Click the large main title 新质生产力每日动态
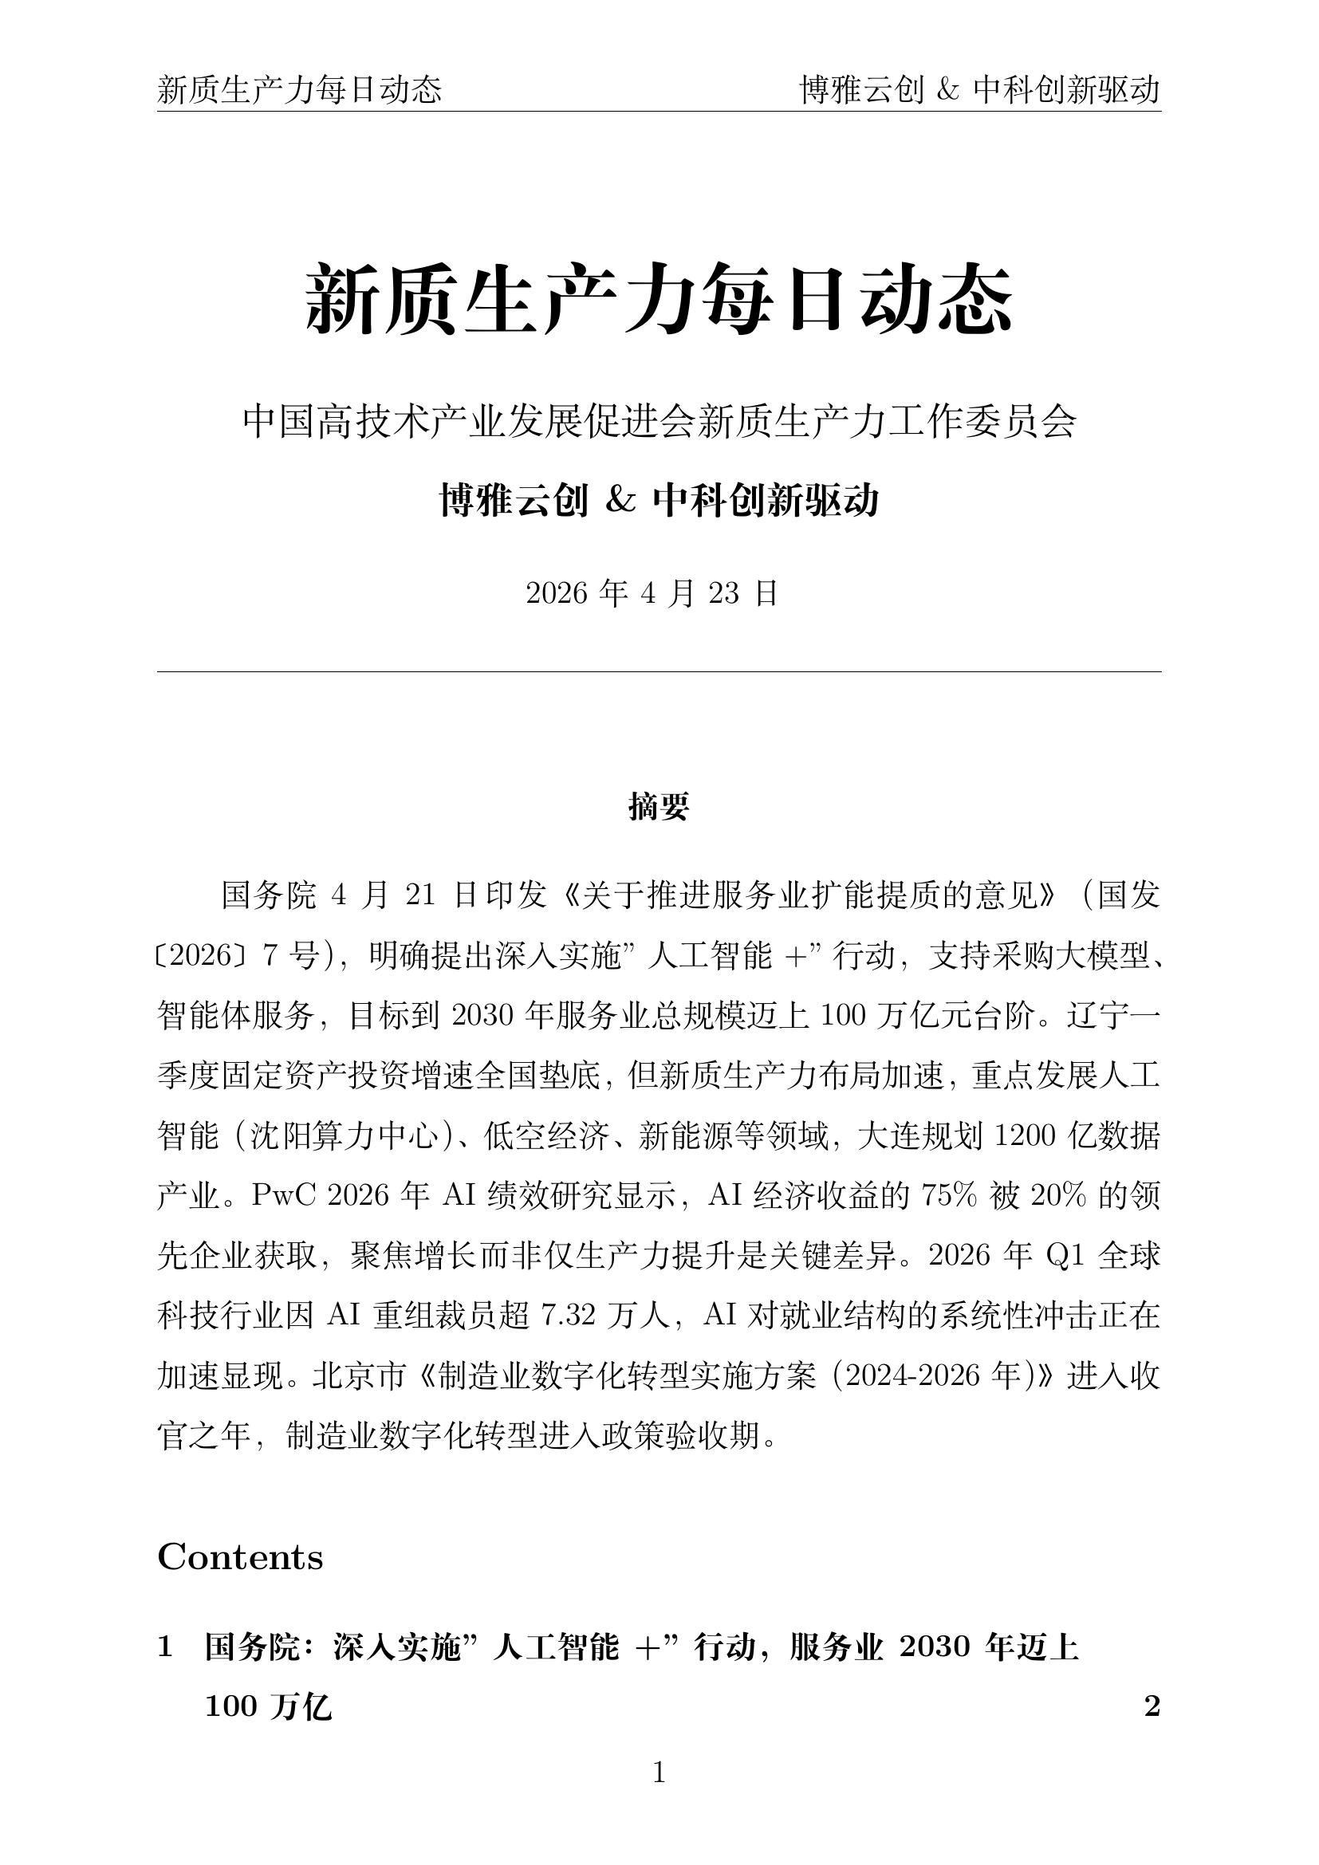[x=659, y=300]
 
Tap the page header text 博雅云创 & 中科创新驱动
[x=979, y=90]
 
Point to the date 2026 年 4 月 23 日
[x=652, y=594]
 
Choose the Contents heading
[x=239, y=1557]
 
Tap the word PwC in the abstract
[x=277, y=1196]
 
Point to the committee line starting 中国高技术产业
[x=659, y=422]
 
